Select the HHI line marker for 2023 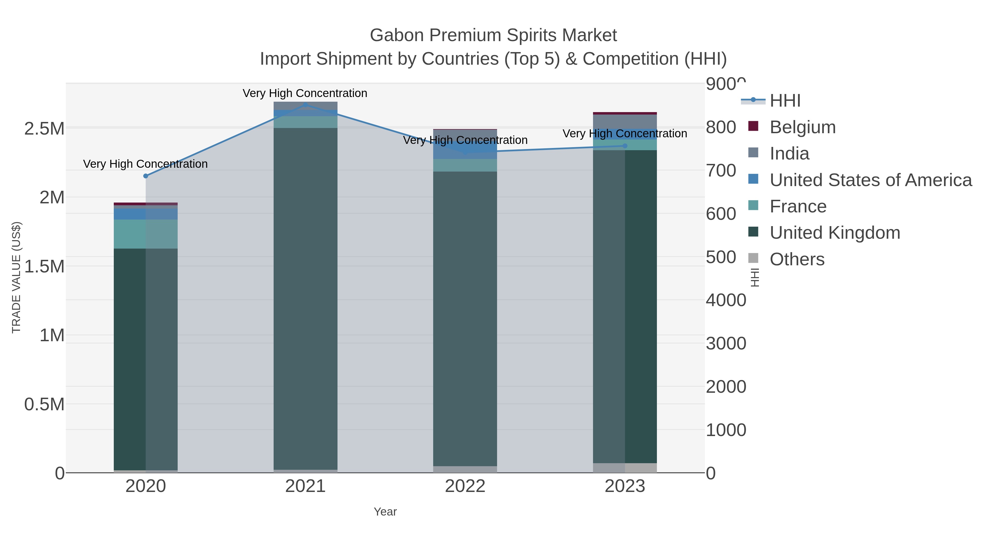625,146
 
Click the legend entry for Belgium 802,127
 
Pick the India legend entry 789,153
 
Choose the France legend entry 798,206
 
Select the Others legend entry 796,259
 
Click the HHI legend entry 785,101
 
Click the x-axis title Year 385,512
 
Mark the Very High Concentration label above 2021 305,93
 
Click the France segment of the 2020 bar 146,234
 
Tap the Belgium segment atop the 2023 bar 625,113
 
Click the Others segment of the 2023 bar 625,468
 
